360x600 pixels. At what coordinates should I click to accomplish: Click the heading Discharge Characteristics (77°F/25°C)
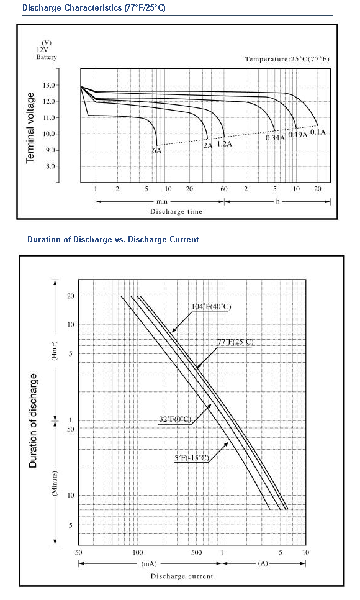94,7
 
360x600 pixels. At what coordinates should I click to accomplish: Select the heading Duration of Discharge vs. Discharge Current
113,240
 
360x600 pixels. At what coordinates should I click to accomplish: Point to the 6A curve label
157,151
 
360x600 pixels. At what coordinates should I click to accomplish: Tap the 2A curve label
208,145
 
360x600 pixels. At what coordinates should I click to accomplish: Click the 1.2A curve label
225,144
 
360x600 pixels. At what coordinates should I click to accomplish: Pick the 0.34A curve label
276,138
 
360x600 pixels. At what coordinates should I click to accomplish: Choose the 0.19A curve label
298,135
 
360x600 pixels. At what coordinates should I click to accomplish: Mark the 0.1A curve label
318,132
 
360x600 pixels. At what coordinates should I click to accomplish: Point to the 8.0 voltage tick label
50,166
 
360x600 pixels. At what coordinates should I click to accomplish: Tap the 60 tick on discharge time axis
224,189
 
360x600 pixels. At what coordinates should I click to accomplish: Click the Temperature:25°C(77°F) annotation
287,59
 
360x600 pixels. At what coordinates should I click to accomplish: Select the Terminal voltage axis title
30,128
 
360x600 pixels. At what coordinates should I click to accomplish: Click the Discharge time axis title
176,212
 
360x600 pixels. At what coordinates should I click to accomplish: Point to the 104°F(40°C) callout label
211,306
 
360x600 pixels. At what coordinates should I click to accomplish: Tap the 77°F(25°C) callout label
235,342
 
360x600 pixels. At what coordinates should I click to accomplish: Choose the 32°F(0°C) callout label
175,419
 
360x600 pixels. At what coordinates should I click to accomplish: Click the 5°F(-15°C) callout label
192,458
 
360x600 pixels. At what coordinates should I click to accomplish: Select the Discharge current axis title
182,576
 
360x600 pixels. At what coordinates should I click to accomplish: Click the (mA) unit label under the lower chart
149,563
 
